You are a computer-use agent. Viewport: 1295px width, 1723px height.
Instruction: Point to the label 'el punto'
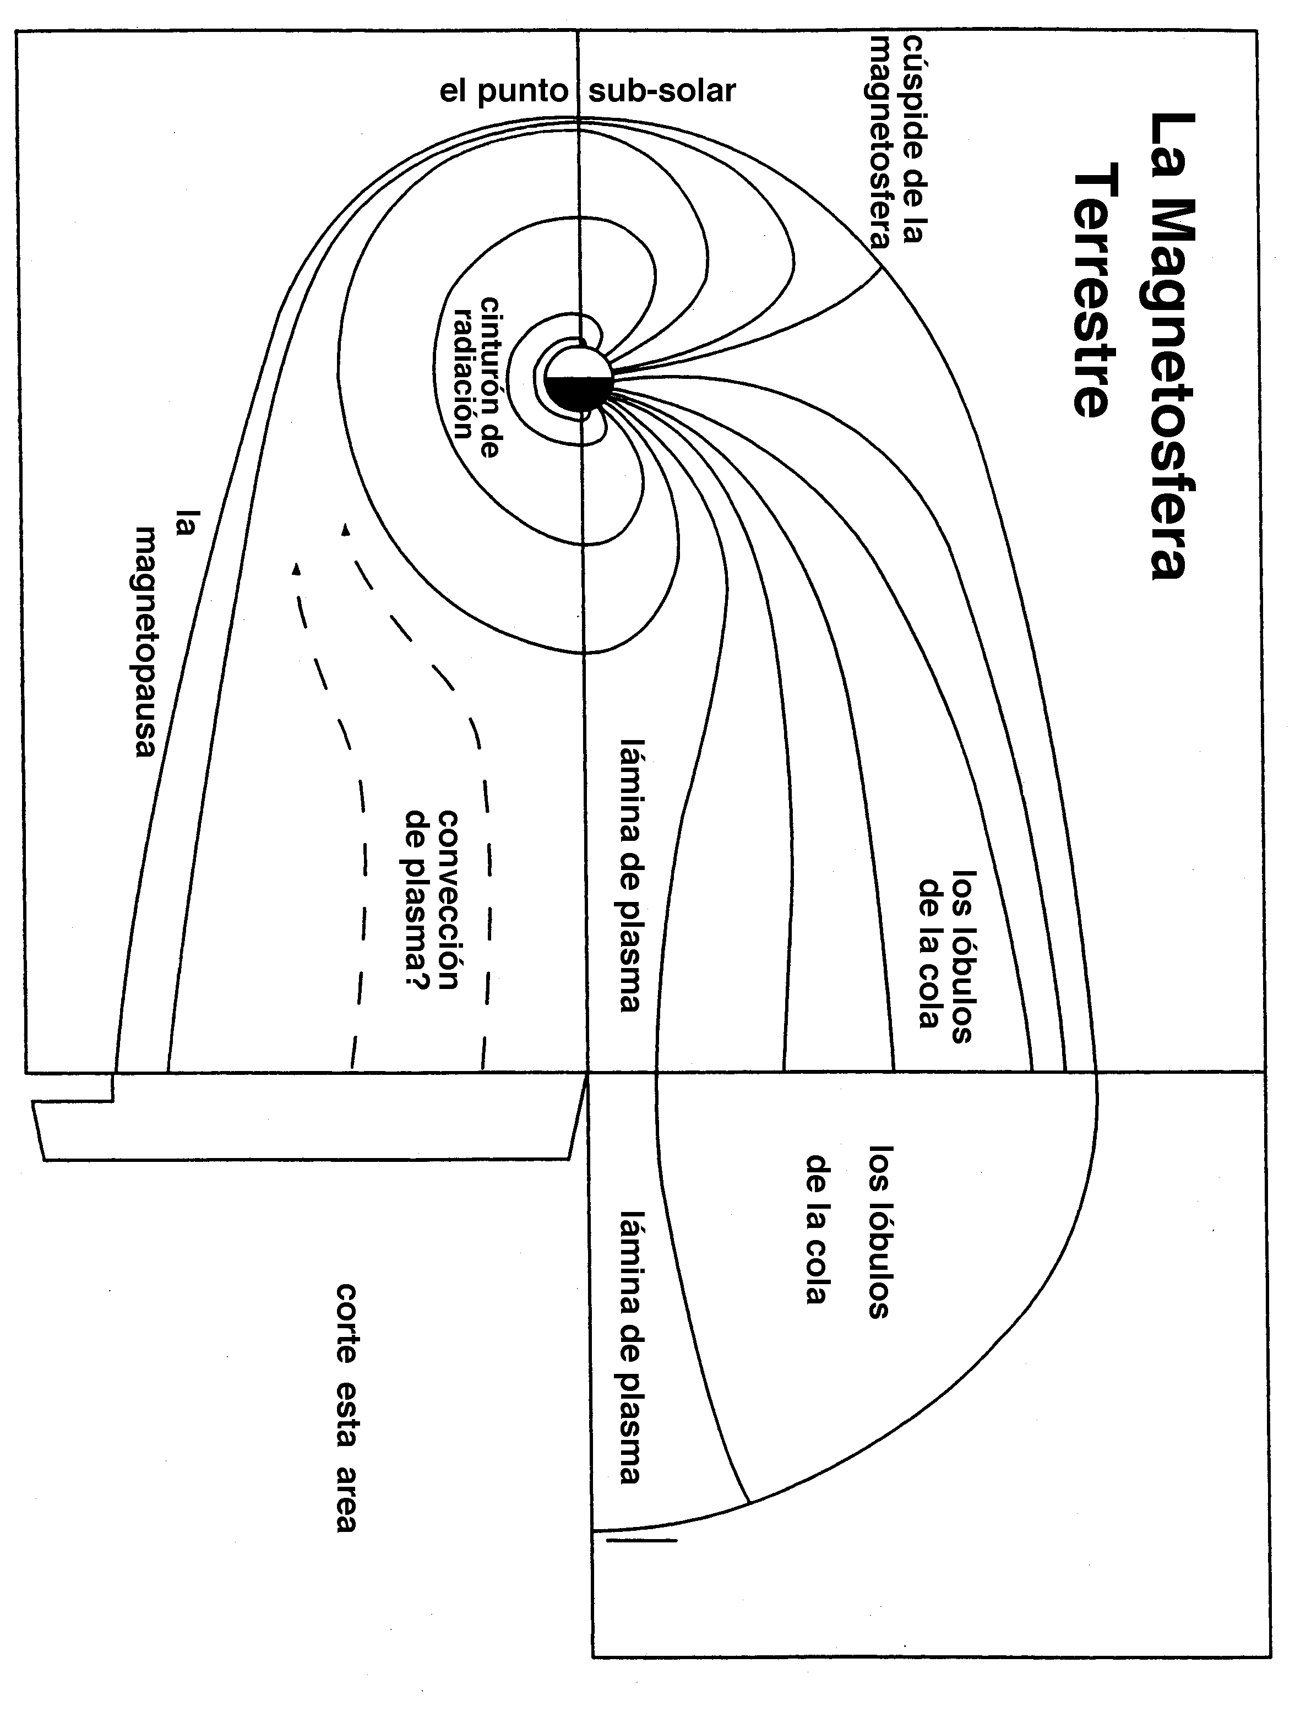click(504, 92)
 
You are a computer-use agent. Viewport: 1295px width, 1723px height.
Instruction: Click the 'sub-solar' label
click(662, 92)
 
